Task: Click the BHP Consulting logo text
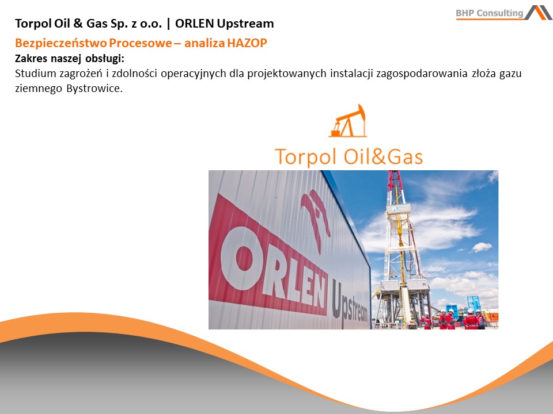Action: coord(490,13)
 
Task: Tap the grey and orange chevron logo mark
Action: coord(539,12)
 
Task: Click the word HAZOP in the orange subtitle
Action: coord(247,43)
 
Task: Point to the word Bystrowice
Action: coord(93,89)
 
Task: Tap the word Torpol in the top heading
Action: coord(33,24)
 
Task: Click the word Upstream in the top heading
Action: coord(245,24)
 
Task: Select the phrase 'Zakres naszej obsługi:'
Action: coord(70,59)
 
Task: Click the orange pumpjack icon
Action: coord(348,120)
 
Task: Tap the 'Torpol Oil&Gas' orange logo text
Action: coord(349,156)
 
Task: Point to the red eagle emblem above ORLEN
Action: coord(315,219)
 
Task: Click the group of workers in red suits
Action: coord(453,319)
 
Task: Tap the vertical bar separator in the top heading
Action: coord(169,24)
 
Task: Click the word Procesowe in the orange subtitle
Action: coord(140,43)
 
